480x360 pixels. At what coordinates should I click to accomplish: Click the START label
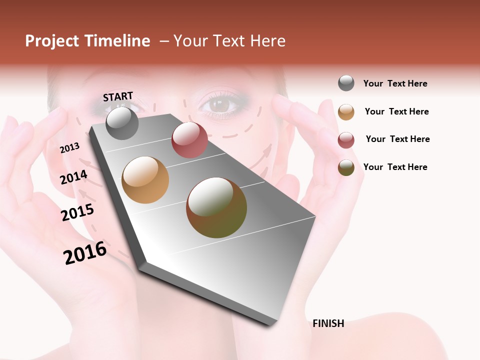(118, 96)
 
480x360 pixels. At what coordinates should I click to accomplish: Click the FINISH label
(328, 323)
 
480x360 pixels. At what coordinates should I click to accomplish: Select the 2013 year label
(69, 148)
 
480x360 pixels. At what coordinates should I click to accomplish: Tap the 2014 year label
(73, 177)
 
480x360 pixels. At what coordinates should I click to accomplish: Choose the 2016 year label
(85, 252)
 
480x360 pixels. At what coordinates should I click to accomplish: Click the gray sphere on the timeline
(122, 123)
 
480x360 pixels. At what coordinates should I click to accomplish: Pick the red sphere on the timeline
(189, 140)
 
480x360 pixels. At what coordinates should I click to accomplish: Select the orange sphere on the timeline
(145, 180)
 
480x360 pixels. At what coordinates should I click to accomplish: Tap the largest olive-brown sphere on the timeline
(216, 207)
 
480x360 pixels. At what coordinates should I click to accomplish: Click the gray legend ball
(346, 83)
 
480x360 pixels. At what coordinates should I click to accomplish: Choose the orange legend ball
(346, 112)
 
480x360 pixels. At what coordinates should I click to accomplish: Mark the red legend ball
(346, 140)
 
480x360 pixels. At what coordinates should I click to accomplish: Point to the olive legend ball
(346, 167)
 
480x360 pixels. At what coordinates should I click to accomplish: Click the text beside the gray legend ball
(395, 83)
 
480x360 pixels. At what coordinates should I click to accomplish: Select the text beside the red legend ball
(397, 139)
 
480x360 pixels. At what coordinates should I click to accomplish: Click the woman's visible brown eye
(218, 105)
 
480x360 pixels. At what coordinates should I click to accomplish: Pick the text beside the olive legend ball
(395, 167)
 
